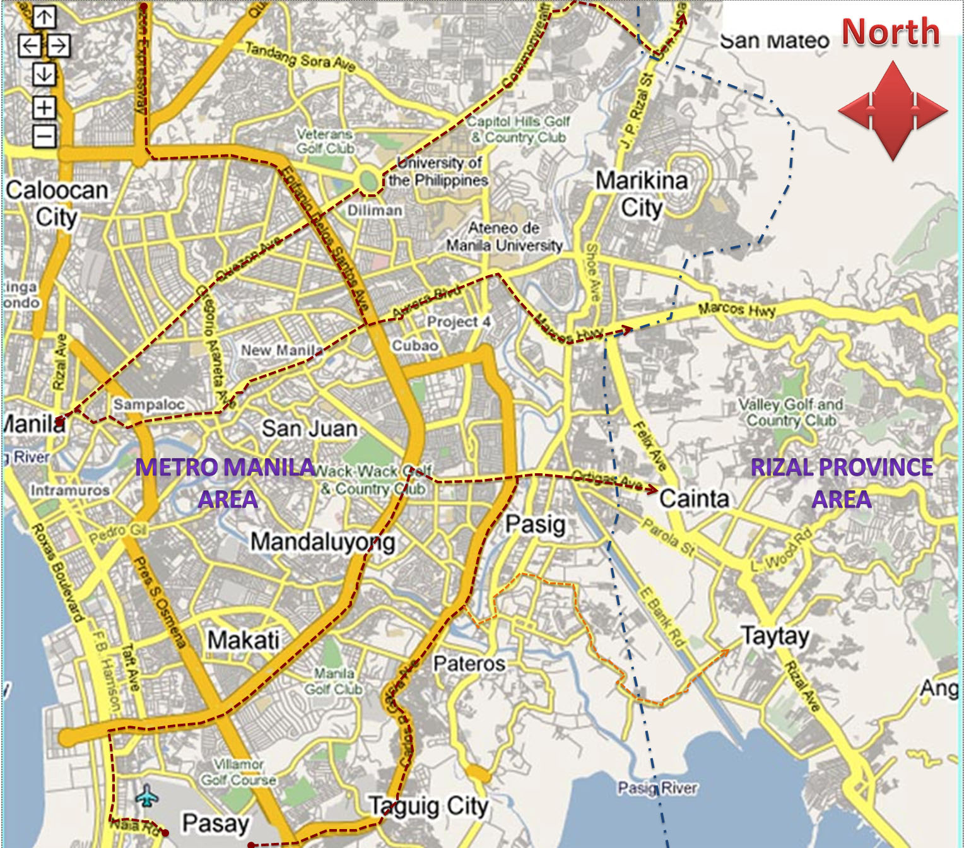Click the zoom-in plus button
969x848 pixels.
pyautogui.click(x=44, y=107)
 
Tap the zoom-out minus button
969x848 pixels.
pyautogui.click(x=44, y=136)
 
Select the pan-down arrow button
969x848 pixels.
pyautogui.click(x=44, y=74)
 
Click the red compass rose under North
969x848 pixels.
pyautogui.click(x=892, y=110)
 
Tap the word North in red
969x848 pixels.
pyautogui.click(x=890, y=32)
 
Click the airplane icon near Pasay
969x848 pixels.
pyautogui.click(x=146, y=796)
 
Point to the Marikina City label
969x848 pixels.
pyautogui.click(x=642, y=193)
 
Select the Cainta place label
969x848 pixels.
pyautogui.click(x=694, y=498)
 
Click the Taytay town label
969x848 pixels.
pyautogui.click(x=775, y=635)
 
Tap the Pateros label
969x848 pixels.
pyautogui.click(x=469, y=664)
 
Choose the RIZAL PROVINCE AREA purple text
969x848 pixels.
pyautogui.click(x=842, y=483)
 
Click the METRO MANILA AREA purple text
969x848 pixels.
pyautogui.click(x=225, y=483)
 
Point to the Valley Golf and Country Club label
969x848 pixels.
pyautogui.click(x=790, y=412)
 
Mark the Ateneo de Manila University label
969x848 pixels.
pyautogui.click(x=504, y=237)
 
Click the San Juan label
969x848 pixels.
pyautogui.click(x=309, y=429)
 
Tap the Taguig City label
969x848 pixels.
pyautogui.click(x=429, y=806)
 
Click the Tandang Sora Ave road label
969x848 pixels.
pyautogui.click(x=300, y=56)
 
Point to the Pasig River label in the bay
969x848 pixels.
pyautogui.click(x=657, y=787)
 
